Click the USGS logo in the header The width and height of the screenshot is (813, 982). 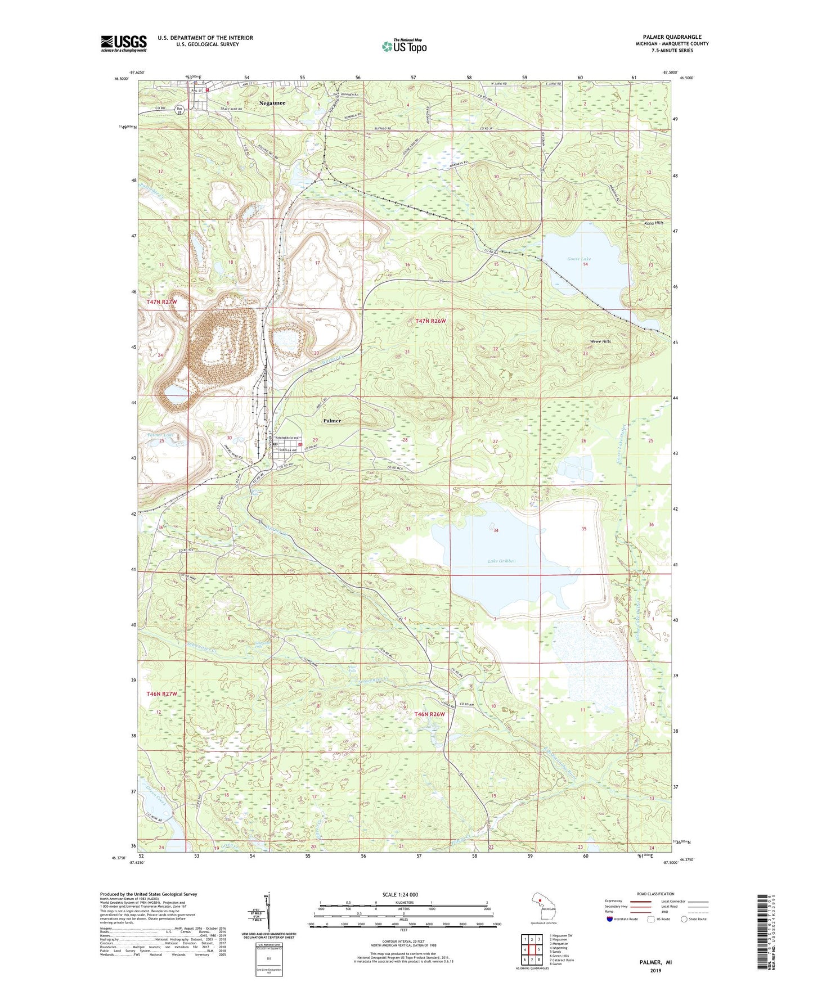coord(124,43)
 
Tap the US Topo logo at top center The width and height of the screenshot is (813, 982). coord(404,46)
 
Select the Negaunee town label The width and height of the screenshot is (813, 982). coord(272,103)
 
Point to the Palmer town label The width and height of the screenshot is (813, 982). coord(332,421)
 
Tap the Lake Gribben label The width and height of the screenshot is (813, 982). coord(502,561)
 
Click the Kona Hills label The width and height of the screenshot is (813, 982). coord(654,223)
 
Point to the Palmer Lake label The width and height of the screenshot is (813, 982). coord(160,435)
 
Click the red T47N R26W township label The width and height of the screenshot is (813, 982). coord(430,321)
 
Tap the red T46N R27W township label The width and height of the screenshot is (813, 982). coord(161,694)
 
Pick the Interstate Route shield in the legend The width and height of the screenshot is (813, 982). coord(610,920)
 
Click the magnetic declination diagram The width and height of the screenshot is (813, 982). coord(268,912)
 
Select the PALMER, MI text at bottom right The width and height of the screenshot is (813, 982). coord(655,962)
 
